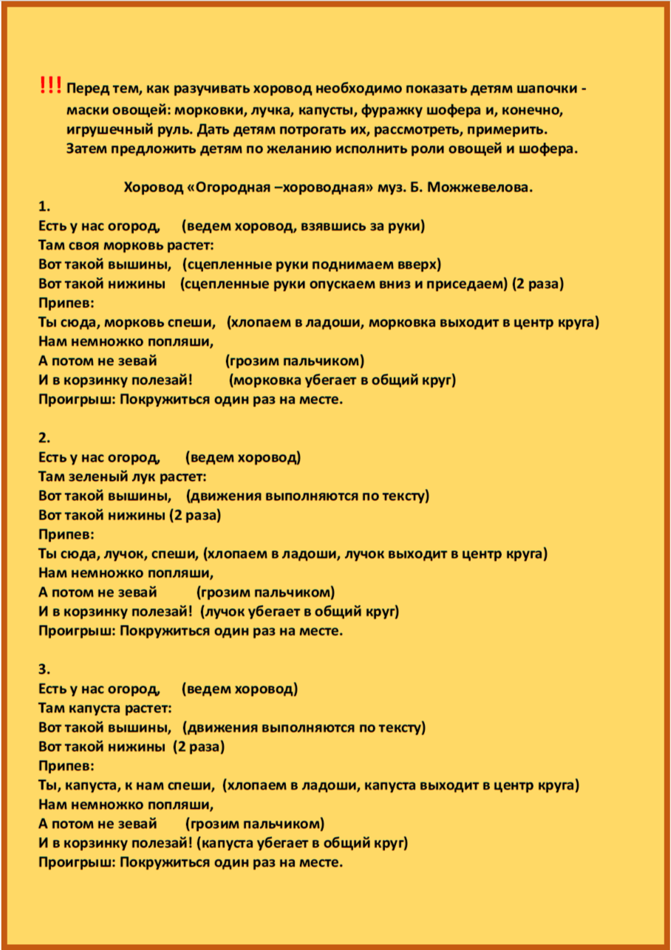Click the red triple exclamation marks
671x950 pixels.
(51, 86)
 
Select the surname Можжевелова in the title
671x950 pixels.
(483, 187)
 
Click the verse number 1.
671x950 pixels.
(43, 206)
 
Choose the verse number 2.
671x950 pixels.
(43, 438)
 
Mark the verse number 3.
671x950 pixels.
(43, 669)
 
